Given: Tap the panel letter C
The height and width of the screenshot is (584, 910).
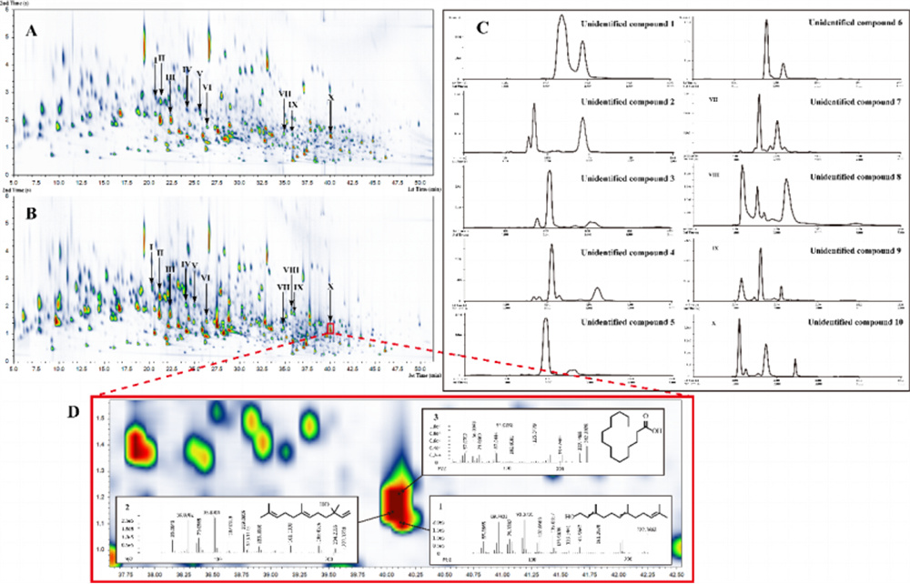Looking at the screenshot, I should tap(484, 27).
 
